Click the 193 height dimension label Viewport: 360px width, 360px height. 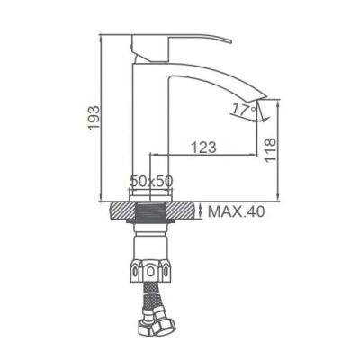[94, 118]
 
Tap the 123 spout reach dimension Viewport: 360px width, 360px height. [203, 148]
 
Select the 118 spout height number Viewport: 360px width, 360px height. [270, 150]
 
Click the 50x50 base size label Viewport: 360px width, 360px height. [151, 181]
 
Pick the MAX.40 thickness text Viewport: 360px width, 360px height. [237, 211]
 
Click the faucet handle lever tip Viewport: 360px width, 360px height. [230, 40]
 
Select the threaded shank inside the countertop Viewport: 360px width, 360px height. [150, 211]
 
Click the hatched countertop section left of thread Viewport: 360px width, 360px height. [123, 211]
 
